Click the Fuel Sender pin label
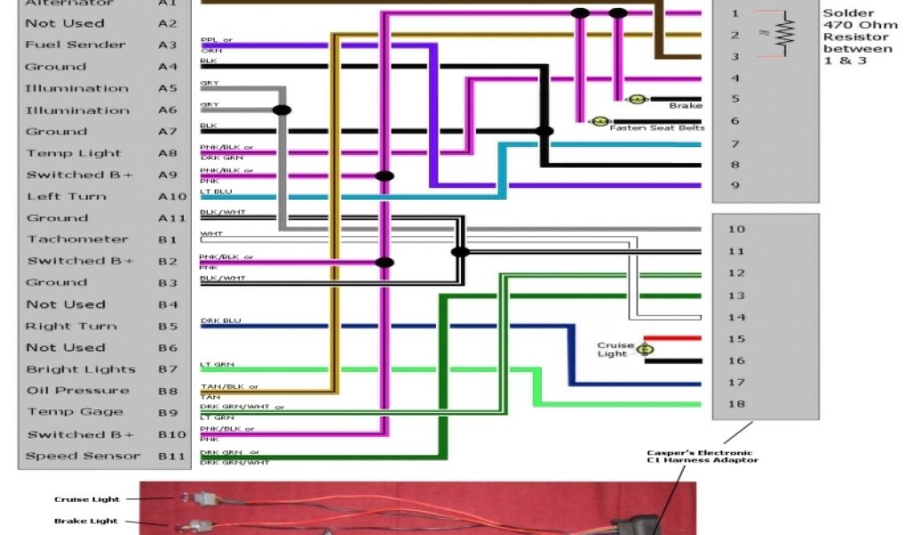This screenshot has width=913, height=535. tap(75, 45)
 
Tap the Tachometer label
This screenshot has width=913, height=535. tap(78, 239)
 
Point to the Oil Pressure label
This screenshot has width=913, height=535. tap(78, 391)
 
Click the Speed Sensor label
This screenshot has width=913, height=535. tap(82, 456)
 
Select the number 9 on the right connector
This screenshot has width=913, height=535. tap(735, 185)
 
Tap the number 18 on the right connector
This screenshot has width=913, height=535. tap(736, 404)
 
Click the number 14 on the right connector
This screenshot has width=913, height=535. tap(736, 317)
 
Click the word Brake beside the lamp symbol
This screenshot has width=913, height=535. tap(686, 106)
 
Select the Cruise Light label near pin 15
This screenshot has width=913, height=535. tap(615, 350)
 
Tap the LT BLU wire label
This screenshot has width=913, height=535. tap(217, 191)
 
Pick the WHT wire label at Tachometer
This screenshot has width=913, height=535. tap(211, 234)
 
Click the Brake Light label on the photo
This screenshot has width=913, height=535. tap(86, 522)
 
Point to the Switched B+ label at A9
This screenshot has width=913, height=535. tap(79, 175)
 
